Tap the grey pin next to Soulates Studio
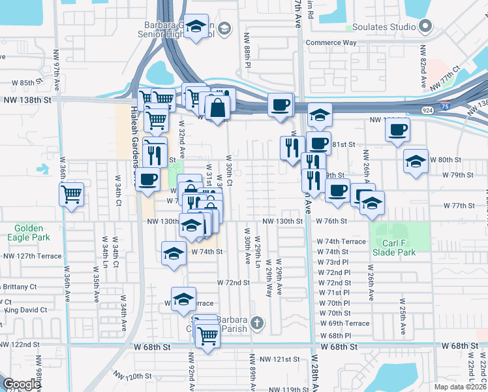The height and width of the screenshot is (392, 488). pyautogui.click(x=425, y=27)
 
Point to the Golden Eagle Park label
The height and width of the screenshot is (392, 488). pyautogui.click(x=26, y=233)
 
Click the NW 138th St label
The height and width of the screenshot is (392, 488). pyautogui.click(x=27, y=100)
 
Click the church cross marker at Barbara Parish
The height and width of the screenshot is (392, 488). pyautogui.click(x=258, y=322)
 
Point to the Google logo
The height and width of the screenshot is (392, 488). pyautogui.click(x=22, y=384)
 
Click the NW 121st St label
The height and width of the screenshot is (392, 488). pyautogui.click(x=279, y=359)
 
